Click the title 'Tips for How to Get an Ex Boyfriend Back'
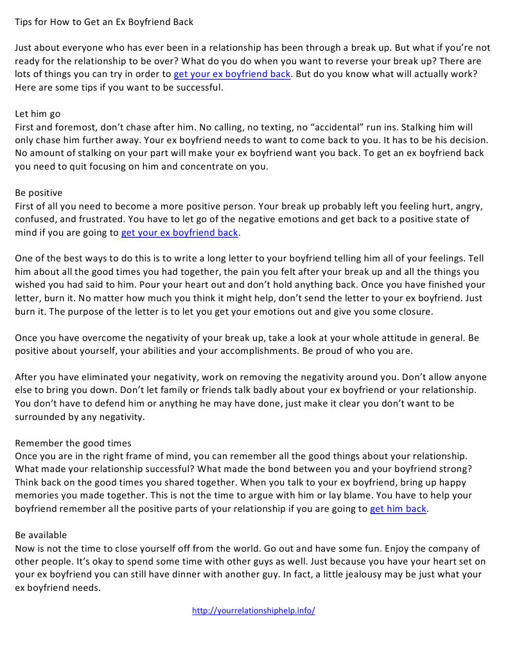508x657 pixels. (x=104, y=22)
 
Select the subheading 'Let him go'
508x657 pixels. (x=38, y=114)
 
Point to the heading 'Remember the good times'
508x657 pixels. (x=73, y=442)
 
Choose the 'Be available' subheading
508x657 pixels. (x=41, y=534)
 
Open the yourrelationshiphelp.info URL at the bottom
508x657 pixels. (x=254, y=611)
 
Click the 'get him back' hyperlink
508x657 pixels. (x=398, y=509)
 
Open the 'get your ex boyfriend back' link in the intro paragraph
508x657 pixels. (x=232, y=74)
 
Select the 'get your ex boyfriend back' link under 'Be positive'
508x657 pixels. (x=180, y=232)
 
